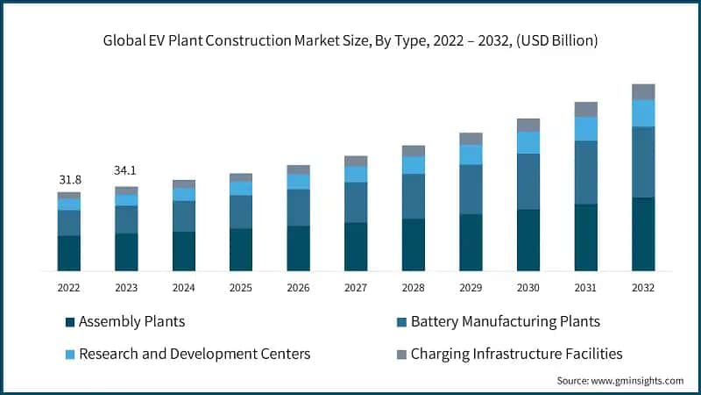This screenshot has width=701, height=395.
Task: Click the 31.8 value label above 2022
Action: coord(69,180)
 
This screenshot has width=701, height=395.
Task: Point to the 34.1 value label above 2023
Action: coord(126,170)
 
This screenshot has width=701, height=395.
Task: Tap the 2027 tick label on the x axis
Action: coord(356,287)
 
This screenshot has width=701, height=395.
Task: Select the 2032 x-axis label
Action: coord(643,287)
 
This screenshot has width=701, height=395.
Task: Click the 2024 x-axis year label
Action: coord(184,287)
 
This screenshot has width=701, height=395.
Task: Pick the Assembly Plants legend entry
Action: coord(131,321)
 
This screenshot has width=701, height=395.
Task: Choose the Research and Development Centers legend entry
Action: coord(194,354)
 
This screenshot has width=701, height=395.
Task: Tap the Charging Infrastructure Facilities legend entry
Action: coord(516,354)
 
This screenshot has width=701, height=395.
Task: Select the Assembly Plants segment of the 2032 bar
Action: coord(643,234)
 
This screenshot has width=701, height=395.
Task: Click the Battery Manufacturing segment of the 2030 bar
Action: coord(528,182)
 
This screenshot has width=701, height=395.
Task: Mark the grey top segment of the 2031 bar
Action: coord(586,109)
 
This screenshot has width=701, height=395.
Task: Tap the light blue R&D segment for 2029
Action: coord(471,154)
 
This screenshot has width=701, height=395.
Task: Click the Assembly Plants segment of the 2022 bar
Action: coord(69,253)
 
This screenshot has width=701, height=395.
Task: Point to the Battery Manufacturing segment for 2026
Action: coord(299,207)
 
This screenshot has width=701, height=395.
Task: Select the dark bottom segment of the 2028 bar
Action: coord(414,244)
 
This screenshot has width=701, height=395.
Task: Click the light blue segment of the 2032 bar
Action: coord(643,113)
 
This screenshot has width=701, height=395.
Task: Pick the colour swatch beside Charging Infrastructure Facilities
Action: coord(402,355)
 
